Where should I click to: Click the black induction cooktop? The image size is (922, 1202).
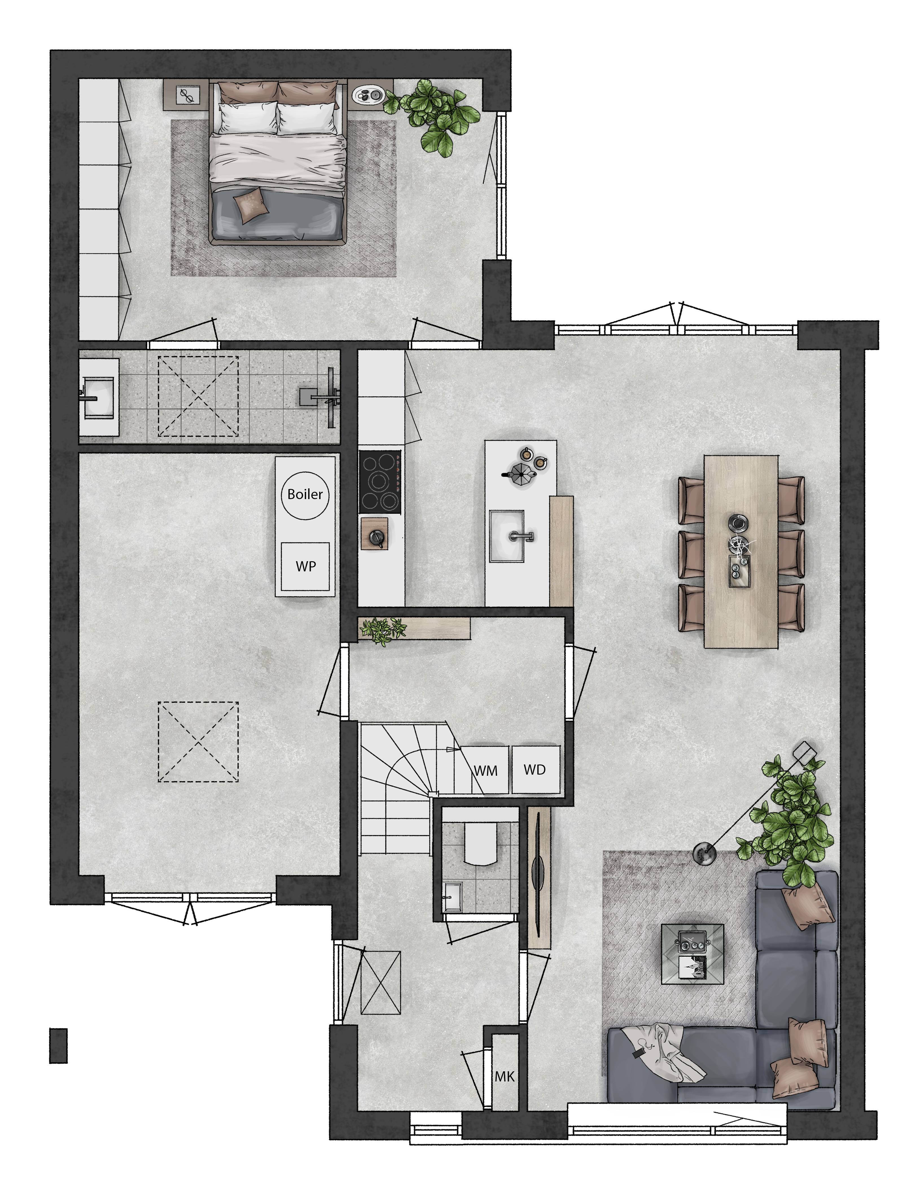(380, 482)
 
